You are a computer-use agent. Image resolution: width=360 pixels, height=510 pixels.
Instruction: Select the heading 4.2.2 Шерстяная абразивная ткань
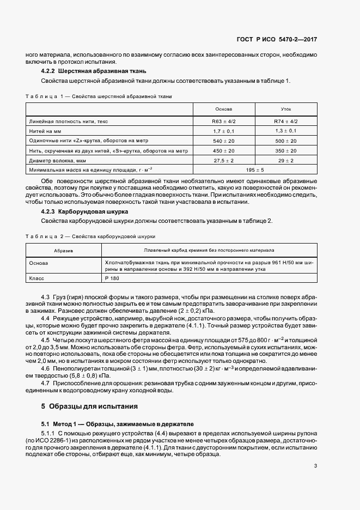[x=93, y=71]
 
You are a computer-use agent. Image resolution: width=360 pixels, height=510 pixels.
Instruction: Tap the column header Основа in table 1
[x=223, y=109]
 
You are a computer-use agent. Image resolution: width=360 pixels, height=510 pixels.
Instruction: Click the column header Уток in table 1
[x=285, y=109]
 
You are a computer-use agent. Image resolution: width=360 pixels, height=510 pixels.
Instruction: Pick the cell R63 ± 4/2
[x=223, y=122]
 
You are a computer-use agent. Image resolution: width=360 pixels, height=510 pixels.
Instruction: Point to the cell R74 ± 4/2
[x=285, y=122]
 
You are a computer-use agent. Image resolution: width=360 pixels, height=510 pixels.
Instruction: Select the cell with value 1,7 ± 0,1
[x=223, y=131]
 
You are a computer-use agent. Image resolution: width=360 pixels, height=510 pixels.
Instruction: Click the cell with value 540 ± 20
[x=223, y=141]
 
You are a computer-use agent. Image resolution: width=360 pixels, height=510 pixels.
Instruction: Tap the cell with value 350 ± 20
[x=285, y=151]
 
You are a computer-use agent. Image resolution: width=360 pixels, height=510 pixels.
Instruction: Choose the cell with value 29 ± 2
[x=285, y=161]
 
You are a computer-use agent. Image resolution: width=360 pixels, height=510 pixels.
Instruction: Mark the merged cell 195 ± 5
[x=255, y=171]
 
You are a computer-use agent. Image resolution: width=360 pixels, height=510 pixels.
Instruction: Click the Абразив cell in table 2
[x=63, y=251]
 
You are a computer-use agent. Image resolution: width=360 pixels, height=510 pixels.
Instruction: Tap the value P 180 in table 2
[x=112, y=278]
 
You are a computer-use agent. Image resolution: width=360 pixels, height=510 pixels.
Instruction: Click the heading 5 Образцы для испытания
[x=89, y=406]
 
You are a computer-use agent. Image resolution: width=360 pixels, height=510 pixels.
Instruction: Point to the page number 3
[x=316, y=465]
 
